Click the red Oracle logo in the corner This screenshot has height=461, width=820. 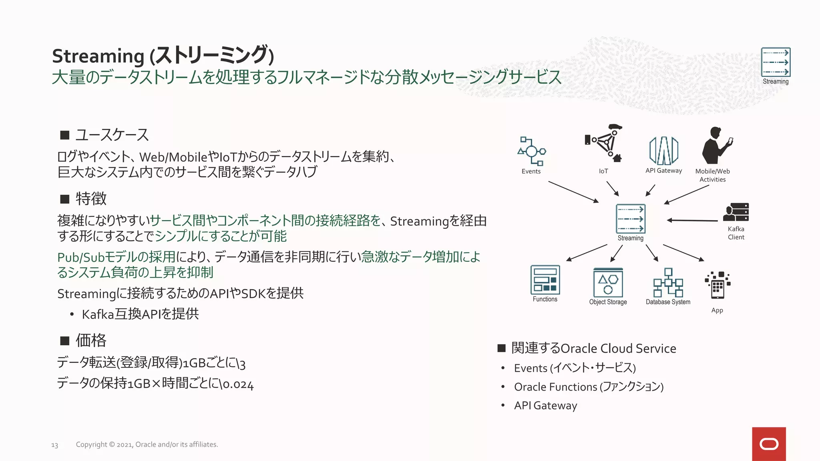769,444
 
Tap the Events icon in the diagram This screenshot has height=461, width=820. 531,151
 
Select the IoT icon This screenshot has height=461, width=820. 604,143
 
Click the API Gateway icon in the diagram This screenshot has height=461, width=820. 663,150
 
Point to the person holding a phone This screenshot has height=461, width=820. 715,146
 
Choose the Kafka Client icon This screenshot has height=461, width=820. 736,212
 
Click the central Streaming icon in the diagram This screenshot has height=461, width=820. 631,219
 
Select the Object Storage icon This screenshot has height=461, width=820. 608,283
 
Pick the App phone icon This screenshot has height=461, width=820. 717,285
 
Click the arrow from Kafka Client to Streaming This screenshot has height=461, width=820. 692,220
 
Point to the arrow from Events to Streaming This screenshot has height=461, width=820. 573,192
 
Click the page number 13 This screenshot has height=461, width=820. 54,445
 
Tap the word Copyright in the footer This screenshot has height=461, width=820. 91,444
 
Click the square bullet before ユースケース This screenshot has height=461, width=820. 65,135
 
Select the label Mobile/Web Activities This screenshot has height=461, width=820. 712,175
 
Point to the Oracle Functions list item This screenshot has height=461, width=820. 589,387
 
